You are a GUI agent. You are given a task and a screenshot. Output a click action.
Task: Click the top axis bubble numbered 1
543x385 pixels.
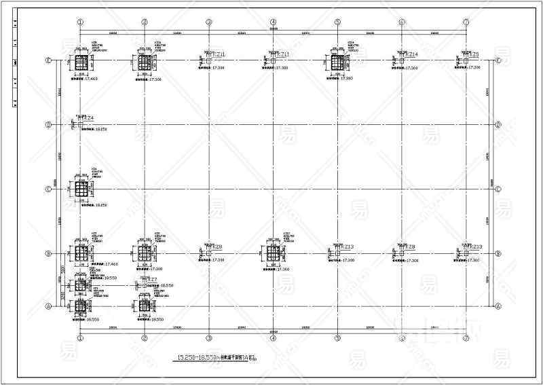(80, 22)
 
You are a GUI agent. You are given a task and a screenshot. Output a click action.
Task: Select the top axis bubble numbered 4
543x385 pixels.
(273, 22)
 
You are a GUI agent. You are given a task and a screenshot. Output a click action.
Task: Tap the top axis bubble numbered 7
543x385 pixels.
(466, 22)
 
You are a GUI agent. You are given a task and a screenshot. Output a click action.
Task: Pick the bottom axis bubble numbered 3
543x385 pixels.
(208, 337)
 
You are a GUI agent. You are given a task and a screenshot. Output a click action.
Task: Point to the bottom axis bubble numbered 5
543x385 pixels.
(337, 337)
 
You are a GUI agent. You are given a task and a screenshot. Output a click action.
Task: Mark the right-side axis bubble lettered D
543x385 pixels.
(498, 125)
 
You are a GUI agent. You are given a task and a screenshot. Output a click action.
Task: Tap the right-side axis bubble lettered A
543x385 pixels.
(498, 306)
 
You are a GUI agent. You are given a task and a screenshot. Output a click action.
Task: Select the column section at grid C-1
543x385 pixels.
(81, 189)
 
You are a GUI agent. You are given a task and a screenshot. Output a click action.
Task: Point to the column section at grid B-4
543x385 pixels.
(273, 254)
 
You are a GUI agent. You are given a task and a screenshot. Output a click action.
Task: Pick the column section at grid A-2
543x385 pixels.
(145, 306)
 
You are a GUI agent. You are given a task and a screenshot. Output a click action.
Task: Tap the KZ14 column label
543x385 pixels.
(411, 54)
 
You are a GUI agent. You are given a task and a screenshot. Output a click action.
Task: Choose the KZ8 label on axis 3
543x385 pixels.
(217, 247)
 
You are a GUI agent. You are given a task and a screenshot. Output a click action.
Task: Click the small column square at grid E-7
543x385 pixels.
(466, 61)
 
